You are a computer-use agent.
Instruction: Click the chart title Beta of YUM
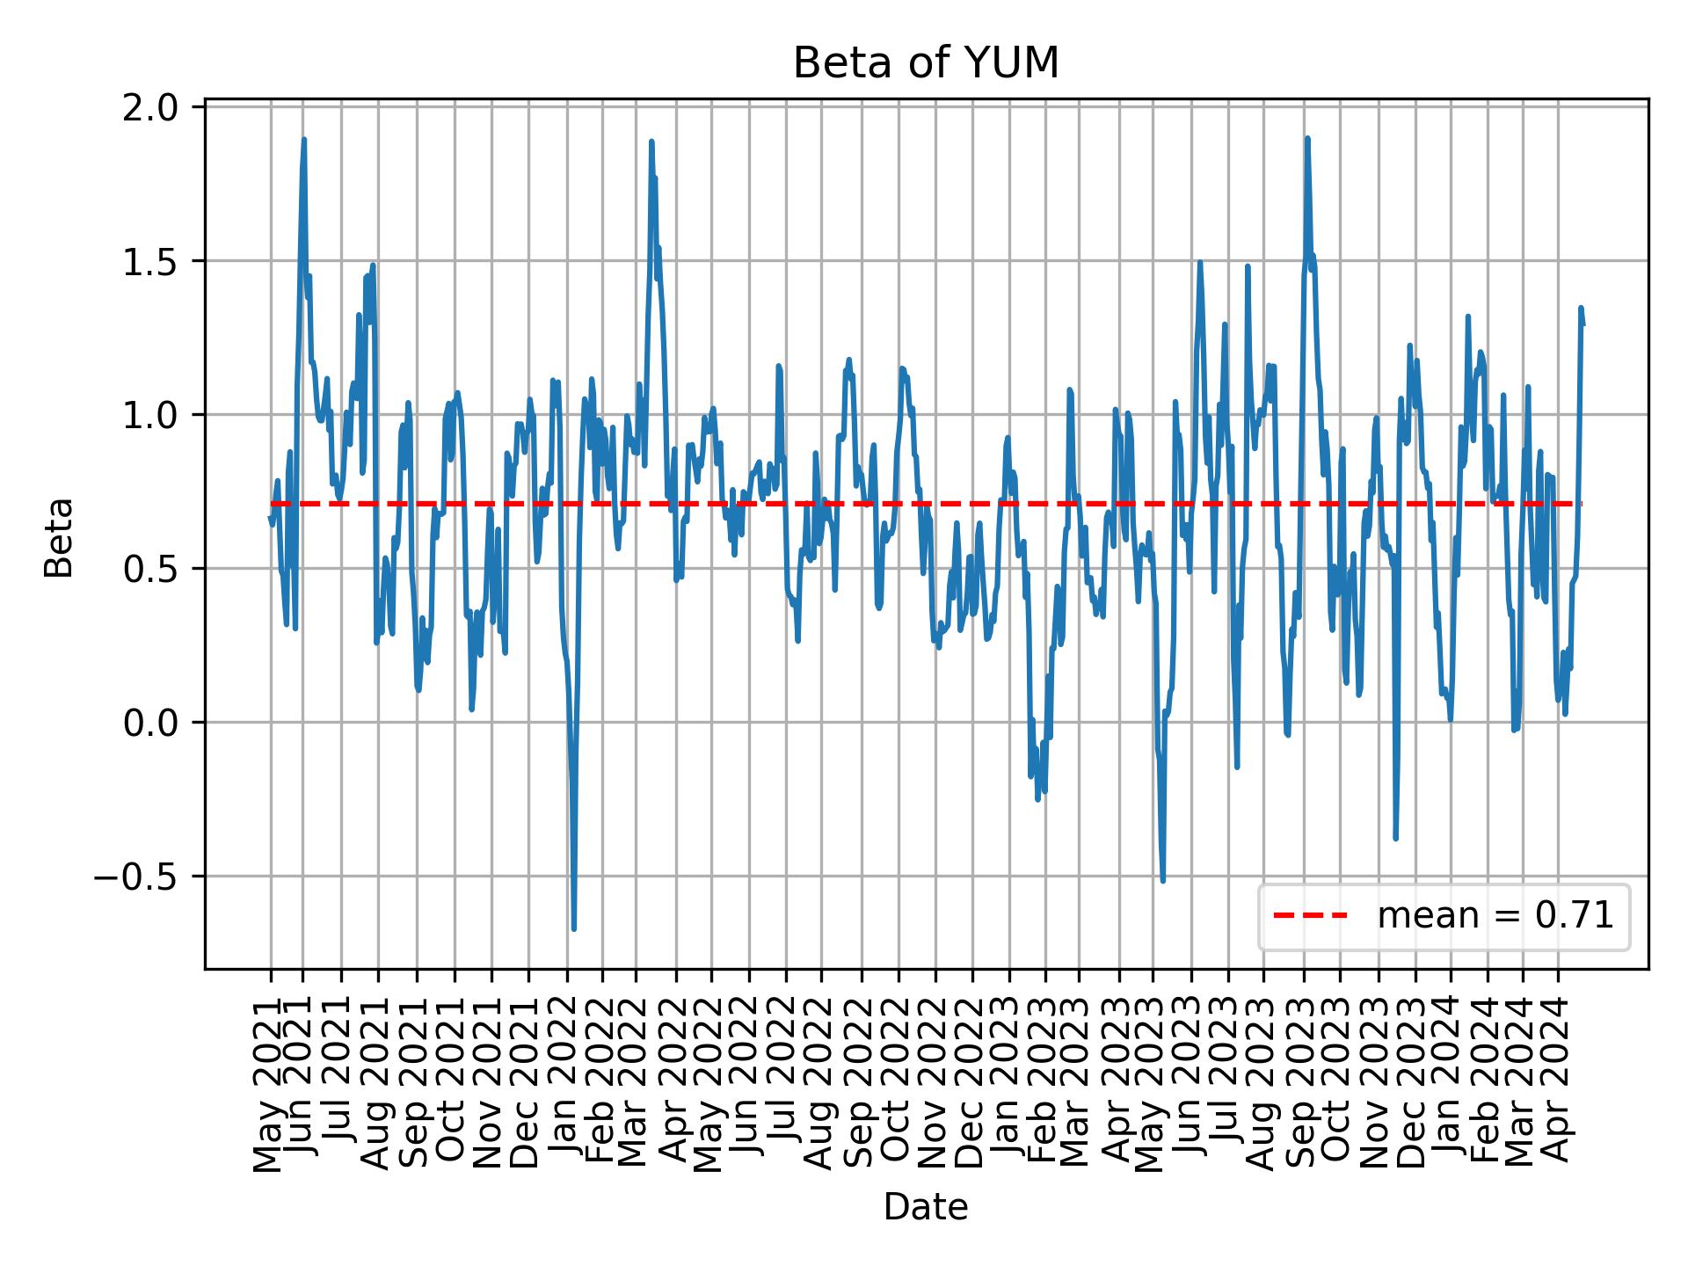(926, 63)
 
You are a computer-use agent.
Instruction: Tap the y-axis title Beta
(59, 537)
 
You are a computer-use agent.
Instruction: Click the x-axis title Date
(926, 1207)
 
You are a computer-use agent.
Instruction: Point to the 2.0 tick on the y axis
(158, 106)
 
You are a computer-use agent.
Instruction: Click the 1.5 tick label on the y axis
(158, 261)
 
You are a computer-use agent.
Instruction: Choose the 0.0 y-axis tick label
(158, 723)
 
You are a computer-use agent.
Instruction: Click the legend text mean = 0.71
(1495, 916)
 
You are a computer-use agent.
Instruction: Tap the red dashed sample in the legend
(1310, 916)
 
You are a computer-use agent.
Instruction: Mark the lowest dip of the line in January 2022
(574, 929)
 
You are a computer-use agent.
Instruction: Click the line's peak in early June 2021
(304, 139)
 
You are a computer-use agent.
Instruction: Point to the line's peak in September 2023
(1307, 138)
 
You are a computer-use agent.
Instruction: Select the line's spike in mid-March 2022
(651, 141)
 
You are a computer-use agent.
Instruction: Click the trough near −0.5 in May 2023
(1163, 881)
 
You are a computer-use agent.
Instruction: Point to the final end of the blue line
(1583, 325)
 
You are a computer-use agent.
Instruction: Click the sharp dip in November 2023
(1395, 839)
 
